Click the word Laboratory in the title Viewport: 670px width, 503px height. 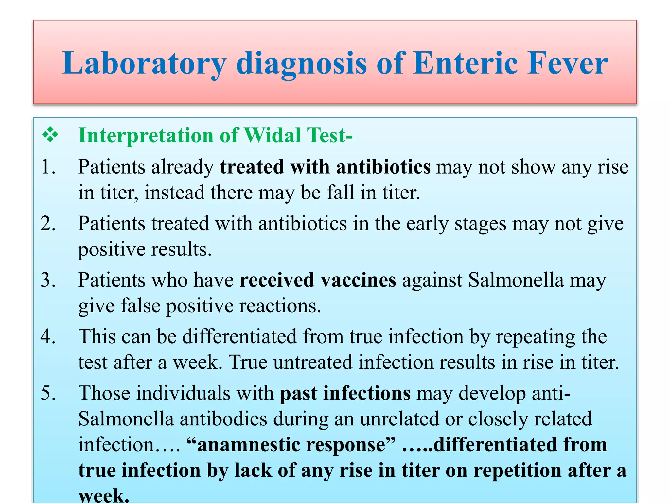click(144, 63)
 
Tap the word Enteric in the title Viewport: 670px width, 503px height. click(465, 63)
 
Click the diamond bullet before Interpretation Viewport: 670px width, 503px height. click(50, 135)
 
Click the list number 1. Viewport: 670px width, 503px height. click(48, 167)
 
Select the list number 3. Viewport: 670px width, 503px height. click(48, 280)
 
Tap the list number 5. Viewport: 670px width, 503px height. click(48, 393)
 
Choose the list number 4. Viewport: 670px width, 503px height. click(48, 337)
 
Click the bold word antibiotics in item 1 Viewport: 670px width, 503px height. click(383, 167)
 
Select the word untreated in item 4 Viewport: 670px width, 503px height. click(313, 363)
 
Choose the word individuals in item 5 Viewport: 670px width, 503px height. click(183, 393)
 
